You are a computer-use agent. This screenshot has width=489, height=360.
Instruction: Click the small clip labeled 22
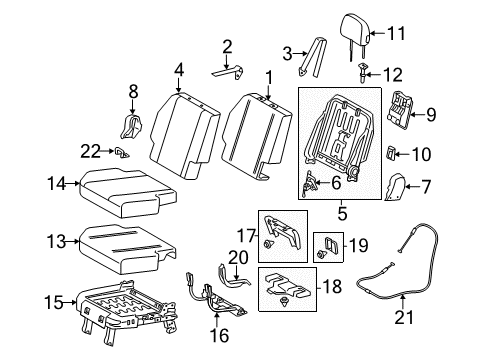click(119, 152)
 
